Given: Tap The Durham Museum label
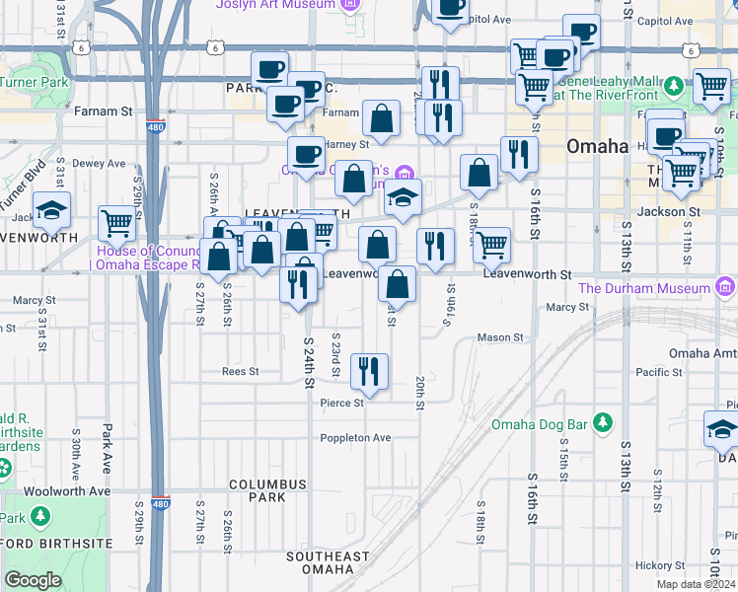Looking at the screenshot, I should coord(644,288).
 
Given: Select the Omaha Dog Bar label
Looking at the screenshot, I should coord(540,424).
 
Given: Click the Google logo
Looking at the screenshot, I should coord(33,580).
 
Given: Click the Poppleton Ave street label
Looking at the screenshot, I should coord(355,438).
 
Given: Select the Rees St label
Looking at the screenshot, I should coord(240,372).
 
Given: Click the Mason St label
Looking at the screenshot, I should coord(499,337).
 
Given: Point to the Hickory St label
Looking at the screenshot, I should coord(660,565).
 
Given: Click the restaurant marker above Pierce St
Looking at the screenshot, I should coord(369,371).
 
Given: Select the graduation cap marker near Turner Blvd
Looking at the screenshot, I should coord(50,208).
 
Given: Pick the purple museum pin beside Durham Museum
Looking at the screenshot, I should coord(725,288).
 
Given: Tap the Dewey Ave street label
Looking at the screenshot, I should coord(101,164).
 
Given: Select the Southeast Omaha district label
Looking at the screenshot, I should coord(320,562).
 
